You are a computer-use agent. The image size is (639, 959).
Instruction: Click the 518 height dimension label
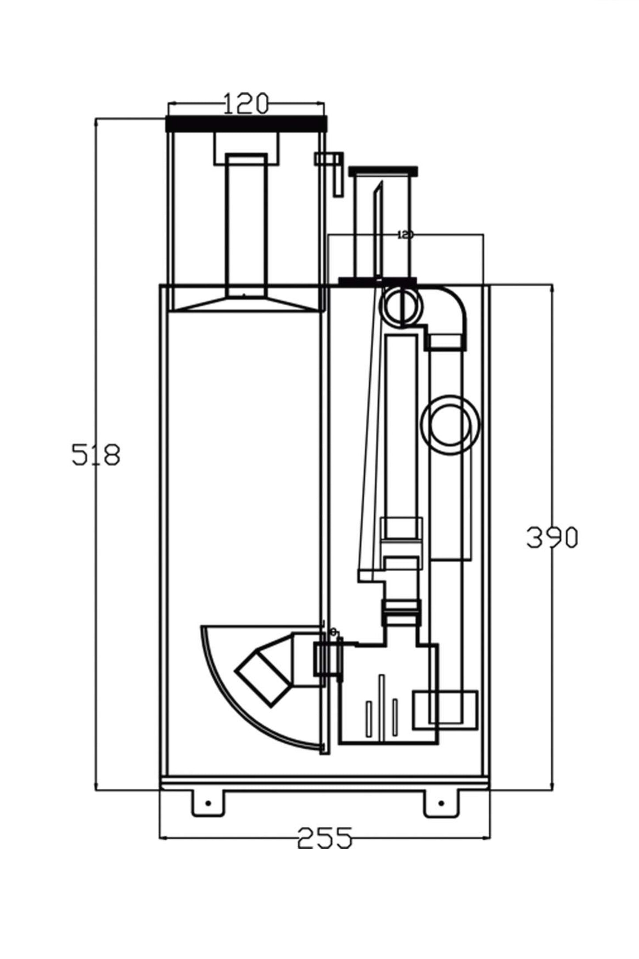96,455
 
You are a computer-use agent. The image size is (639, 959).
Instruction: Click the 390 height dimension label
552,538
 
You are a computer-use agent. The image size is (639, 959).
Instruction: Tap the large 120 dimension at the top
246,104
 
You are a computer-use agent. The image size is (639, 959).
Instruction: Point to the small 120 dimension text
405,234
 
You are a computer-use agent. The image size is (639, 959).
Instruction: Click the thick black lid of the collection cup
246,123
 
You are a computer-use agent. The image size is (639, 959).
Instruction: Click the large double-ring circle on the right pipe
450,425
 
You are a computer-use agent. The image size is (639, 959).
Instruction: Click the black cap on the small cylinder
383,170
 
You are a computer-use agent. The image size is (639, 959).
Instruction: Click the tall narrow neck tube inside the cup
246,223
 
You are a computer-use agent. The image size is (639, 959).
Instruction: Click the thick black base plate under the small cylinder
377,280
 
